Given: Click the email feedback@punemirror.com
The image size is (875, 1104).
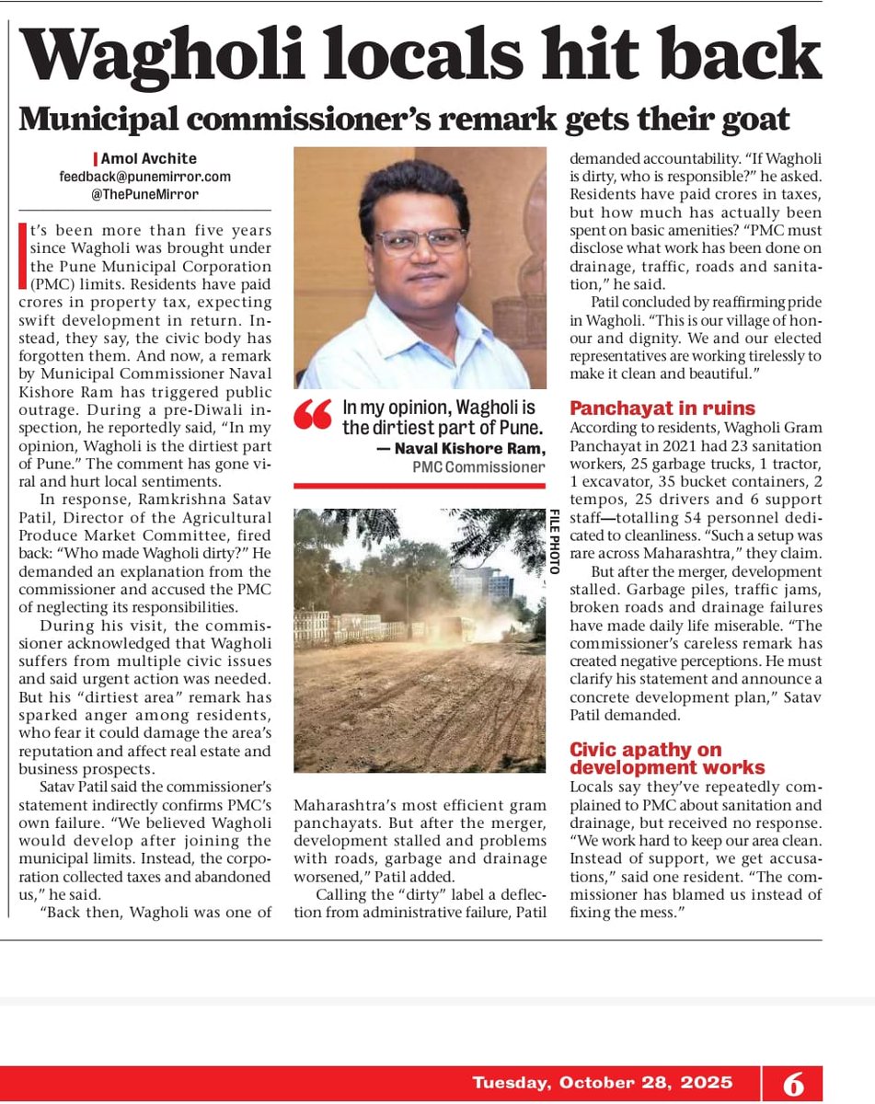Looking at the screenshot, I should [146, 176].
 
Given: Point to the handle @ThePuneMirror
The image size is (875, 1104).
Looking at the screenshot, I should [146, 193].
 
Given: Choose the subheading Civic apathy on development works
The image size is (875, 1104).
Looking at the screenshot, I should [666, 759].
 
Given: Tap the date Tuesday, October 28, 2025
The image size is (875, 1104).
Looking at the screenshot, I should [603, 1082].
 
